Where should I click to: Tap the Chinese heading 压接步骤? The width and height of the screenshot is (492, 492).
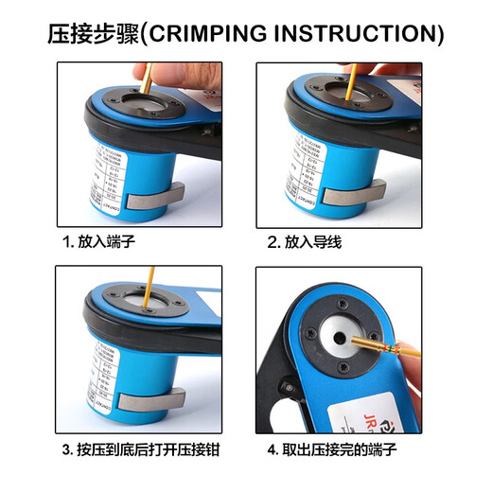click(93, 34)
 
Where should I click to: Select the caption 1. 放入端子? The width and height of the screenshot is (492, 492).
click(99, 242)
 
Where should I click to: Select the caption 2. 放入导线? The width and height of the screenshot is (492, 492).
click(304, 242)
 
